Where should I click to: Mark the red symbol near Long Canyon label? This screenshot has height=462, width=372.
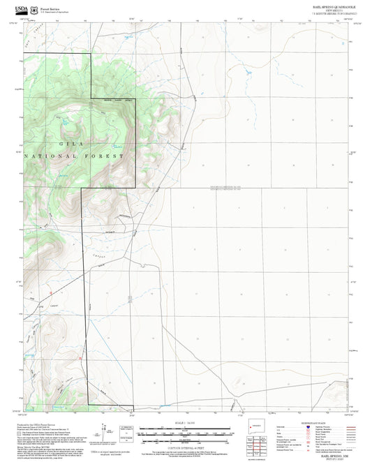coord(51,292)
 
